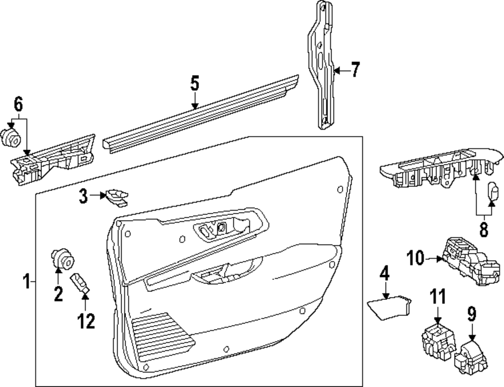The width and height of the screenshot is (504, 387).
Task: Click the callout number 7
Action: point(355,70)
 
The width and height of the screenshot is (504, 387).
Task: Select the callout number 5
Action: point(195,83)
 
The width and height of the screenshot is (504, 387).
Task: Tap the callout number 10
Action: point(416,259)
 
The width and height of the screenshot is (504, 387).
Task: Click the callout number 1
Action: point(27,281)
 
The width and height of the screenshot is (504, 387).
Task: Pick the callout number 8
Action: point(483,230)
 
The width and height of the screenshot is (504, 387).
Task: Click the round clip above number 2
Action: point(62,259)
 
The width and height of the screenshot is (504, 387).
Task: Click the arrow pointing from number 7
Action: point(341,71)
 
